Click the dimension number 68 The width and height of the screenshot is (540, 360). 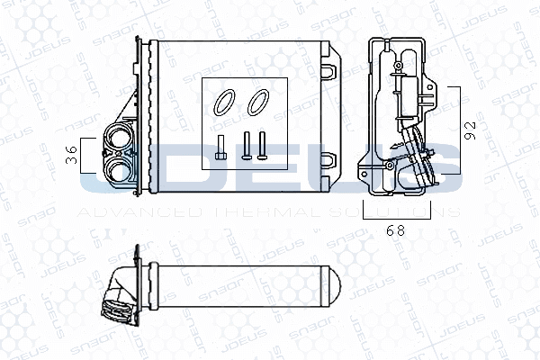tap(394, 229)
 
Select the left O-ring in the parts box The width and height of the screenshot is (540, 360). tap(222, 103)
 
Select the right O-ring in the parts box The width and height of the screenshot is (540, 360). tap(258, 103)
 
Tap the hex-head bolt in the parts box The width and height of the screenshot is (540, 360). tap(220, 148)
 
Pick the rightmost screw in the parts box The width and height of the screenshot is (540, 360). tap(261, 146)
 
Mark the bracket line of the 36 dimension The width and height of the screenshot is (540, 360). tap(82, 155)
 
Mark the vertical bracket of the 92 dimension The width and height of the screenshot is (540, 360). tap(459, 128)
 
